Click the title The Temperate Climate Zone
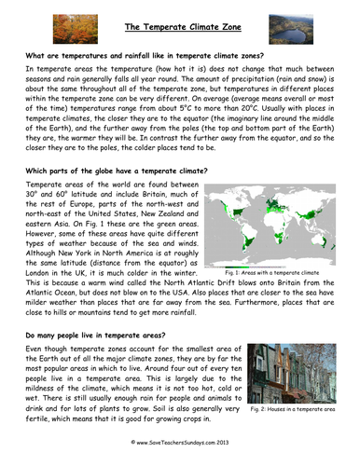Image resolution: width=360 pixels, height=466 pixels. [179, 26]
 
